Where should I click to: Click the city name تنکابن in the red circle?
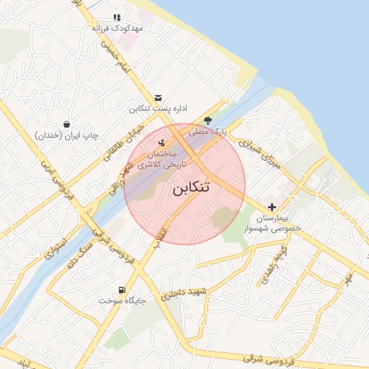coord(191,189)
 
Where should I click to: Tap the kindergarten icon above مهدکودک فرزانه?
coord(117,17)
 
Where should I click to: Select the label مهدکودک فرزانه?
coord(117,28)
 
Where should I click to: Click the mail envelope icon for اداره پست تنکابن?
coord(159,98)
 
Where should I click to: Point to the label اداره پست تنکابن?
coord(158,109)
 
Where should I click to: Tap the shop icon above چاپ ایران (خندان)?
coord(66,124)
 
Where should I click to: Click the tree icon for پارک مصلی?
coord(208,120)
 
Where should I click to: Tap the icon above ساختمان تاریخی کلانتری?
coord(161,143)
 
